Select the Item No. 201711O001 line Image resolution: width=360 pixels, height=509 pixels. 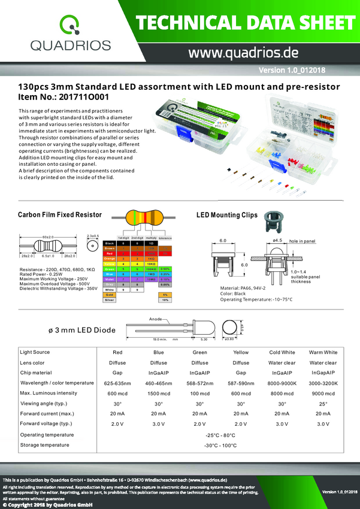64,96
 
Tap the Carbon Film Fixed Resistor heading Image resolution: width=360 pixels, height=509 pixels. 60,214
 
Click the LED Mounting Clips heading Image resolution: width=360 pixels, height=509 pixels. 227,214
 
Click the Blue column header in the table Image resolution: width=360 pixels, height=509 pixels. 159,352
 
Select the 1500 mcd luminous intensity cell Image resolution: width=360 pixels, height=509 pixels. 159,393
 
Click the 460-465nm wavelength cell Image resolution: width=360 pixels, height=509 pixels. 159,383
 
